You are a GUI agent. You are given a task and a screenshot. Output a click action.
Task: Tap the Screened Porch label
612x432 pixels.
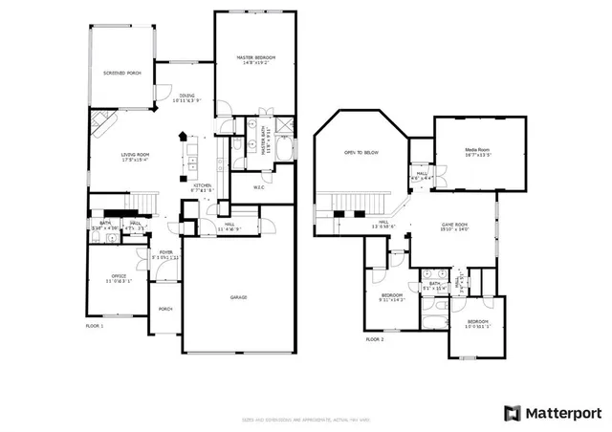point(121,73)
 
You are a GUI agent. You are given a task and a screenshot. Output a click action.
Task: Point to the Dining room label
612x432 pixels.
point(188,96)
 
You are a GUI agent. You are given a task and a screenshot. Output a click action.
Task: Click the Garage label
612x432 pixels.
point(238,297)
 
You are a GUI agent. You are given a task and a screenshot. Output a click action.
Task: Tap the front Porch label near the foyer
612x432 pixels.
point(164,309)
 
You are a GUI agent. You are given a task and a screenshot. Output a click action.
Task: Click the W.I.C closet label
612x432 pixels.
point(258,186)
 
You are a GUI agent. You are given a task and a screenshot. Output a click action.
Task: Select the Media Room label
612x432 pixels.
point(478,150)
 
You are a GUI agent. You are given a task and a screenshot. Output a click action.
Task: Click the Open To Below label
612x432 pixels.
point(361,153)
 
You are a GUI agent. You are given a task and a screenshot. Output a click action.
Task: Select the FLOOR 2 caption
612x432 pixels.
point(374,338)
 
